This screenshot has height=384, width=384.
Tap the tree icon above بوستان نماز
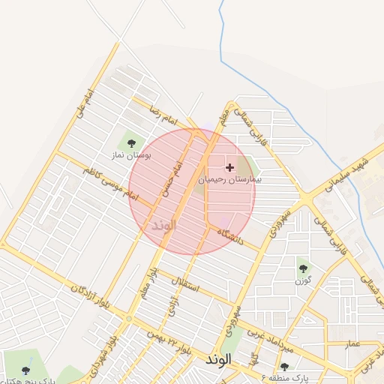(131, 142)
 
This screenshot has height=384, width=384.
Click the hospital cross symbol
(229, 167)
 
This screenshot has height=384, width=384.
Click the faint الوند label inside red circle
(163, 224)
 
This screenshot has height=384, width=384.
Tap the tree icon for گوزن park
(303, 267)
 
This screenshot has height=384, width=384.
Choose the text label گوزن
(302, 280)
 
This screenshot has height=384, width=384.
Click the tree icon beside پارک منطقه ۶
(284, 367)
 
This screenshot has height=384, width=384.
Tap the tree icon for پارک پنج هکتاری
(26, 370)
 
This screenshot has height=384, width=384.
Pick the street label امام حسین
(177, 178)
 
